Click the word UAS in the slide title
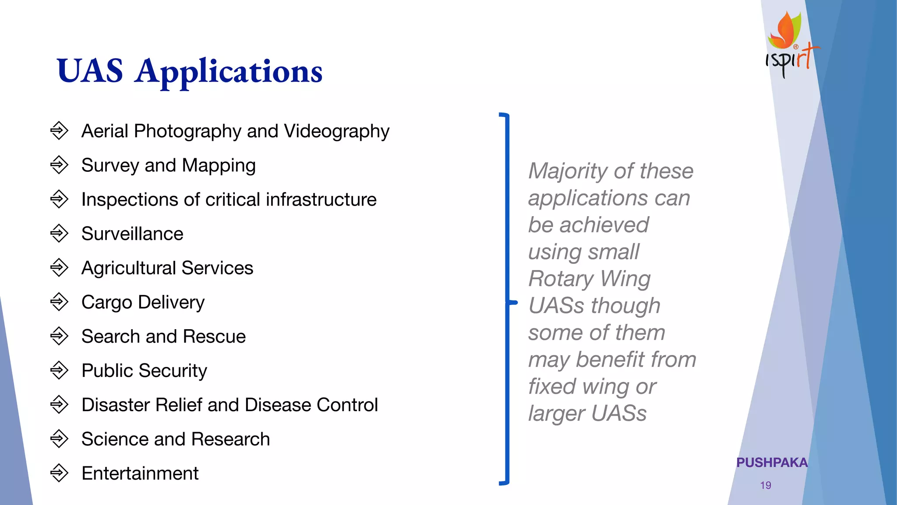click(x=90, y=71)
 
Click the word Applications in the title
click(x=229, y=72)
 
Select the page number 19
click(x=766, y=485)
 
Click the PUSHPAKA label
click(x=772, y=462)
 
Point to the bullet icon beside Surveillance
click(x=59, y=233)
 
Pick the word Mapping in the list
click(x=219, y=166)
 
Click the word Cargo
click(x=106, y=302)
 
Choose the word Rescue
click(x=214, y=336)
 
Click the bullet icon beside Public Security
click(x=59, y=370)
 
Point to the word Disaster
click(x=115, y=405)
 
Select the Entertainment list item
click(x=140, y=473)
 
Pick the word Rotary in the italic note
click(x=561, y=279)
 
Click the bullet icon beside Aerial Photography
click(x=59, y=131)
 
